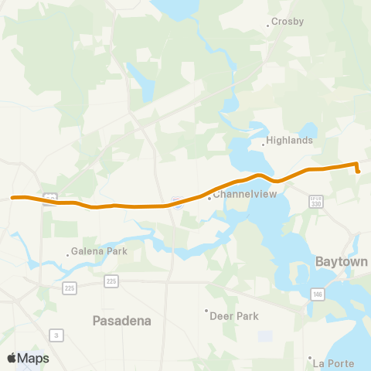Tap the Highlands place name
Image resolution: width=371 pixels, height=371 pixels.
point(289,141)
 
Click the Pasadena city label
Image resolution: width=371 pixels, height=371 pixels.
point(121,320)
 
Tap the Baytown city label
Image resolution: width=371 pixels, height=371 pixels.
point(341,262)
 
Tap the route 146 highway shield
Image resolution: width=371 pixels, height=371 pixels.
point(318,294)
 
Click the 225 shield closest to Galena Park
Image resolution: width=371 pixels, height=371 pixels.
point(69,287)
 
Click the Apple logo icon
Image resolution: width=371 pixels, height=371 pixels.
point(12,358)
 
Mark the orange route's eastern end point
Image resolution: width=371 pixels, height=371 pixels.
point(359,171)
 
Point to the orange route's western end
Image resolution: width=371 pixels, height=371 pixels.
point(13,198)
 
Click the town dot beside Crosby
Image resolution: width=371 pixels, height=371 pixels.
point(268,26)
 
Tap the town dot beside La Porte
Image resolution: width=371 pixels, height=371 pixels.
point(309,358)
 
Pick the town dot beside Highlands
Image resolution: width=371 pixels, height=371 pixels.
point(262,142)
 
